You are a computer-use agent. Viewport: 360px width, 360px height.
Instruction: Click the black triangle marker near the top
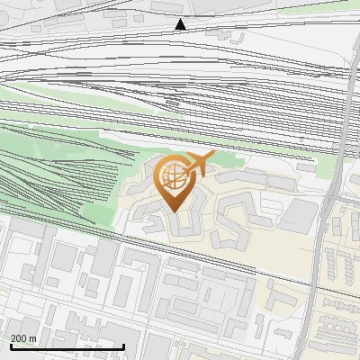[x=181, y=24]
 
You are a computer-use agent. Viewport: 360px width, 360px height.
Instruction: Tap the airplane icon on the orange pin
[x=199, y=163]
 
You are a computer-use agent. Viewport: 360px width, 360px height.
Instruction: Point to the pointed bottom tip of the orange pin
[x=175, y=211]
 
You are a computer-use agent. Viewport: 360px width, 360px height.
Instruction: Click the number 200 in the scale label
[x=20, y=337]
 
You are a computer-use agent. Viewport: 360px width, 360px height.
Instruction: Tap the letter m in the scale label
[x=32, y=337]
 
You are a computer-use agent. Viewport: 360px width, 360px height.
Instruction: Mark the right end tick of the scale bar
[x=123, y=346]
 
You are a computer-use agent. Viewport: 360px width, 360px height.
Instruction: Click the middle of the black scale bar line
[x=66, y=347]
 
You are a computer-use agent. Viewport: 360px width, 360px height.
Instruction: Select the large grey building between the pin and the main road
[x=300, y=215]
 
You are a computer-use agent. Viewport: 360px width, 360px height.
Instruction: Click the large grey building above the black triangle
[x=175, y=6]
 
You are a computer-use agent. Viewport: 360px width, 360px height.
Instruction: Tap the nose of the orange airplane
[x=215, y=156]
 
